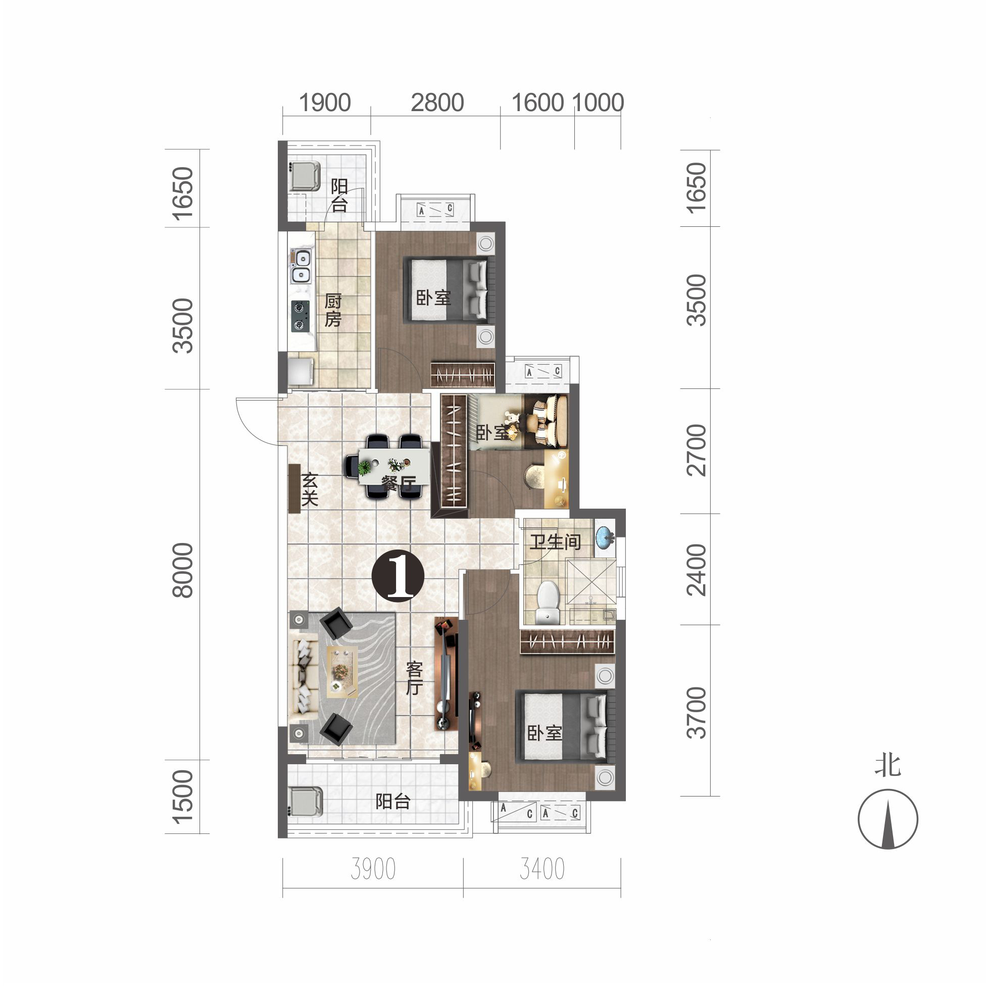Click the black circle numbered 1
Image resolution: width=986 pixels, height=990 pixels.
tap(398, 576)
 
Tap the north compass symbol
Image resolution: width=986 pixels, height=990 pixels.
tap(888, 819)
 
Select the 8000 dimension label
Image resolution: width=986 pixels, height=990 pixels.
tap(183, 570)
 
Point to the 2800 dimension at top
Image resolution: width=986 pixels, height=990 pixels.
tap(437, 103)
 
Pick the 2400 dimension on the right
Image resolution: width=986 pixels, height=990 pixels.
tap(697, 570)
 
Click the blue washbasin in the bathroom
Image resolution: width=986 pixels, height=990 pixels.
tap(605, 537)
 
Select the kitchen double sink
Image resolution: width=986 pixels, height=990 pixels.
tap(301, 266)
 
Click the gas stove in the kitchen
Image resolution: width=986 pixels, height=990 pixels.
tap(301, 316)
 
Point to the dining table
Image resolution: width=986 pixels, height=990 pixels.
tap(393, 466)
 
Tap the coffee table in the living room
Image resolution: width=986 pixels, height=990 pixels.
tap(342, 671)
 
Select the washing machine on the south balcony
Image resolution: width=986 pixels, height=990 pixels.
tap(306, 802)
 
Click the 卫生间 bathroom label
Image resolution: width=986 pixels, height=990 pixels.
tap(555, 541)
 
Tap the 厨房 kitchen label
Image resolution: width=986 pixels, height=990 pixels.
tap(333, 310)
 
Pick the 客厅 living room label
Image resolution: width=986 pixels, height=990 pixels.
tap(414, 678)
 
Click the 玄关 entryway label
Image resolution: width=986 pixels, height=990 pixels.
tap(310, 489)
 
